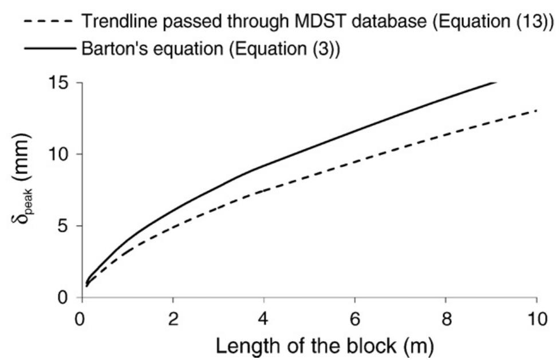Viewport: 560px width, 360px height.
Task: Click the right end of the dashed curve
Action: click(537, 110)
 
